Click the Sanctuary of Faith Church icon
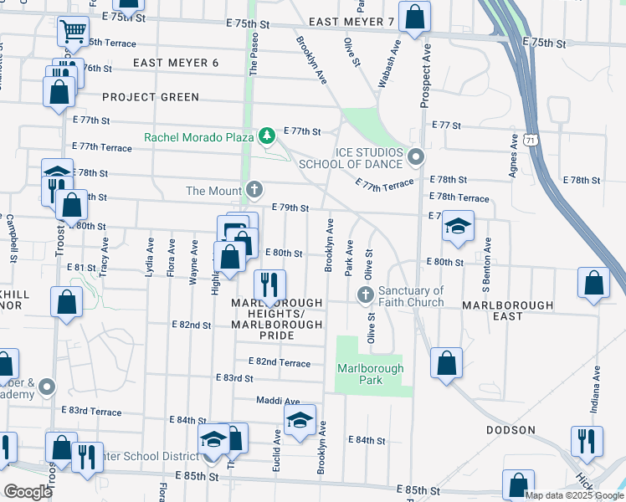pyautogui.click(x=364, y=295)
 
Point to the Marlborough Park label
pyautogui.click(x=371, y=374)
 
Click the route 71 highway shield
pyautogui.click(x=532, y=141)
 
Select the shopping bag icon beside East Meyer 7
pyautogui.click(x=413, y=17)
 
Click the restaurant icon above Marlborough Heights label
pyautogui.click(x=269, y=286)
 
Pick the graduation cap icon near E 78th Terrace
pyautogui.click(x=458, y=227)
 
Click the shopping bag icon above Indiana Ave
pyautogui.click(x=593, y=284)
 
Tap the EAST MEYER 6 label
pyautogui.click(x=175, y=63)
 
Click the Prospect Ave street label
pyautogui.click(x=425, y=75)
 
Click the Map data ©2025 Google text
pyautogui.click(x=574, y=495)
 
